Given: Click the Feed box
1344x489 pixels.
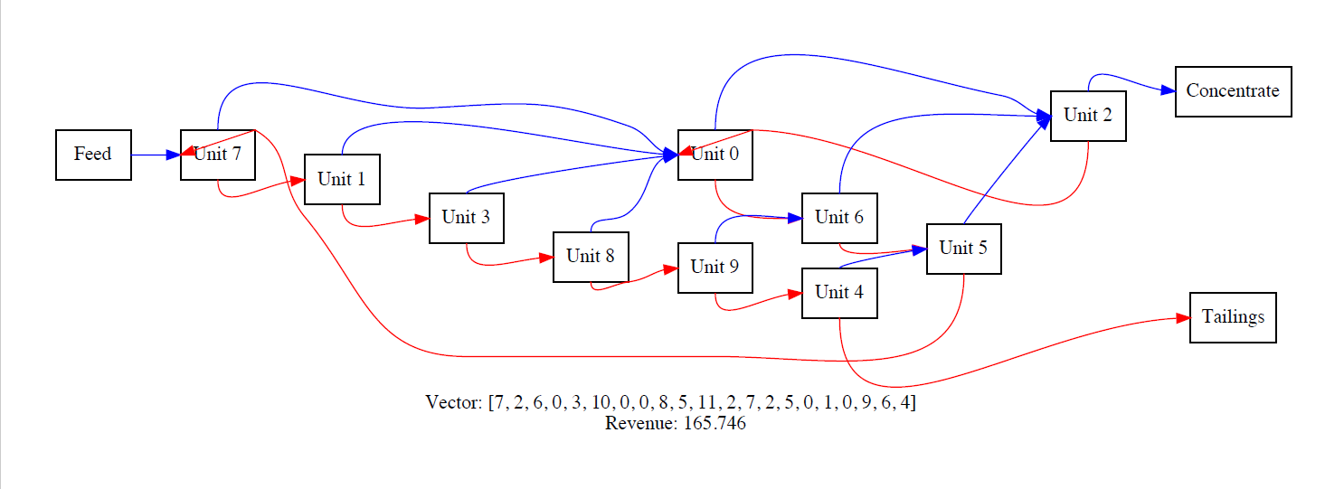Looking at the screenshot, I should [93, 155].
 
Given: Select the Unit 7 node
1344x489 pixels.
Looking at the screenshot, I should [217, 155].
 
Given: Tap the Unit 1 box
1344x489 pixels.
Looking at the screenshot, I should [341, 179].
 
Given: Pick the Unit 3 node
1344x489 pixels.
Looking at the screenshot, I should [466, 218].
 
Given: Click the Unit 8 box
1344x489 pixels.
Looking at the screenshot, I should [590, 257].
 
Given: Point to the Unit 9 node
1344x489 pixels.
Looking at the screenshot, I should [715, 268].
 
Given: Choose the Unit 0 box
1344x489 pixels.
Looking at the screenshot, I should [715, 155].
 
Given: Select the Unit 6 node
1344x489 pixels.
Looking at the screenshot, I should [839, 218].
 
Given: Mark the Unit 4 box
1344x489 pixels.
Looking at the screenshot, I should [839, 293].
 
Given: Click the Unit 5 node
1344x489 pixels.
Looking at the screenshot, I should [963, 249].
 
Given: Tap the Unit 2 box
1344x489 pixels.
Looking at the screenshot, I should [1087, 116].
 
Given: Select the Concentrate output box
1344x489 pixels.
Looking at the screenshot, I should [1233, 91].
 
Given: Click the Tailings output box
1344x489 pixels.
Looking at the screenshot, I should [1233, 317].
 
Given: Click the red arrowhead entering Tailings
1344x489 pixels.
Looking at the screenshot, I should [1181, 318].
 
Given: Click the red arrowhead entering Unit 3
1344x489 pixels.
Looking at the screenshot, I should [421, 219].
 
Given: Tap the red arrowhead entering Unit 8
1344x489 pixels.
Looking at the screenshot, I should [545, 258].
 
